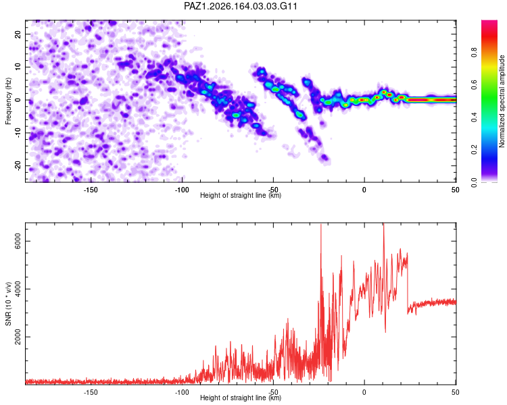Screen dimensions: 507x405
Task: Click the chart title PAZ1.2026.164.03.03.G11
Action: click(240, 6)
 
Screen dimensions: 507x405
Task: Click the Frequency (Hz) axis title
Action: click(8, 101)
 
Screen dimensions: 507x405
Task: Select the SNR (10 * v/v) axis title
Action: click(8, 304)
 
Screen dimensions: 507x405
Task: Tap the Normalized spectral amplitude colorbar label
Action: click(502, 101)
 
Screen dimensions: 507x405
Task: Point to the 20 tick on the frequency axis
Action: click(18, 34)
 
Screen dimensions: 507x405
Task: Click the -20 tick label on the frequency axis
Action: click(18, 166)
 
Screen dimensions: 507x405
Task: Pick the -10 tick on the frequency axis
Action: click(18, 133)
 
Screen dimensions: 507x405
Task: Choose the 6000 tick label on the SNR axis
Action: click(18, 241)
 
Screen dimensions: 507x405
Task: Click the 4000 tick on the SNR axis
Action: click(18, 289)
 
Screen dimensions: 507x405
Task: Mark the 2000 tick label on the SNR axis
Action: click(18, 337)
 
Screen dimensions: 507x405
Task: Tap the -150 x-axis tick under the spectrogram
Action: click(91, 190)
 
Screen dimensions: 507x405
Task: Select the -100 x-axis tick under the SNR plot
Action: click(182, 392)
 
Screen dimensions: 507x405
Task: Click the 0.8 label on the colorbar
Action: click(474, 52)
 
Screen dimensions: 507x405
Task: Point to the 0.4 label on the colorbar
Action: click(474, 117)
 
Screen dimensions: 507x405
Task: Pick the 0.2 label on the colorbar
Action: click(474, 150)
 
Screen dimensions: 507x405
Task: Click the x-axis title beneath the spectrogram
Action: click(241, 195)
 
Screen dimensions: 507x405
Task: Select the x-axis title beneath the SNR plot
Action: click(241, 398)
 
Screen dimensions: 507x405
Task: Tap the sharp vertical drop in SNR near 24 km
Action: click(408, 283)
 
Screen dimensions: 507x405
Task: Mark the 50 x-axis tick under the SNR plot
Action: click(455, 392)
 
